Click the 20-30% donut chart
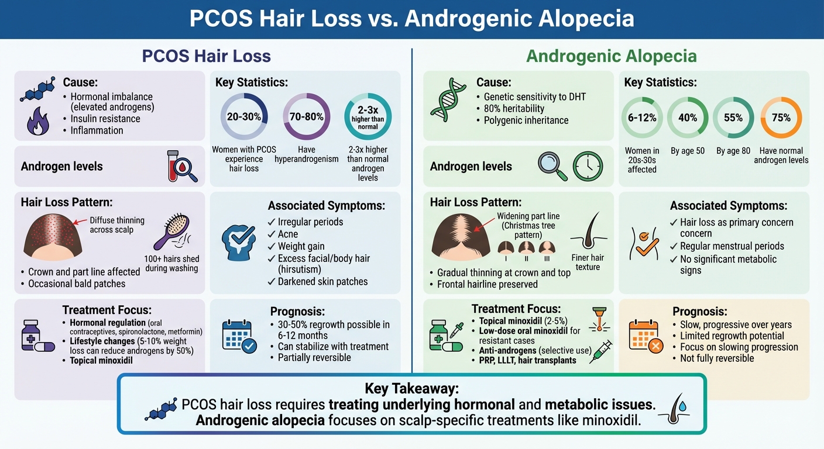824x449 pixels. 244,116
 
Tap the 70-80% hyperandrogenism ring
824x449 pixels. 307,116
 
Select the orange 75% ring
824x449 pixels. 781,118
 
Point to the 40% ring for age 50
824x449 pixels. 688,118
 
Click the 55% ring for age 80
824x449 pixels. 733,118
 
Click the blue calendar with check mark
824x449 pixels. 239,337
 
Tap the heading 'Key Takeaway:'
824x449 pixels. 411,388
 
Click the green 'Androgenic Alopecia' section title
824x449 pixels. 612,56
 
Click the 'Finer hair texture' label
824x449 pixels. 588,262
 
